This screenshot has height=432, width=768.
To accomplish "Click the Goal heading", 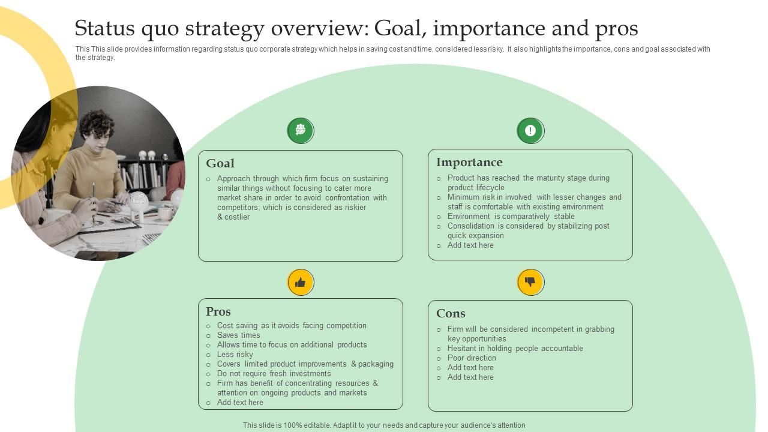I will pyautogui.click(x=220, y=163).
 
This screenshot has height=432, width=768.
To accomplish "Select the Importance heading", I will pyautogui.click(x=469, y=162).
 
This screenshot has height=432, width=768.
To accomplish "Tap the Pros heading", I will pyautogui.click(x=218, y=311).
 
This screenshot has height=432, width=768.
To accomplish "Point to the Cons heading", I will pyautogui.click(x=451, y=313).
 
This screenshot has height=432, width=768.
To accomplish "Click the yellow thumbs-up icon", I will pyautogui.click(x=301, y=282).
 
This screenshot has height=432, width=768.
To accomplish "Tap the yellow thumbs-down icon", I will pyautogui.click(x=530, y=282).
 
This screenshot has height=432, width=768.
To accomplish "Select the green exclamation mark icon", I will pyautogui.click(x=530, y=131).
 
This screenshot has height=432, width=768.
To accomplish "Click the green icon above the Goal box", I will pyautogui.click(x=301, y=130).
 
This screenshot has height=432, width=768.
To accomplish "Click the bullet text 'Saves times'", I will pyautogui.click(x=239, y=335).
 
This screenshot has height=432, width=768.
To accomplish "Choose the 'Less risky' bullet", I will pyautogui.click(x=235, y=355).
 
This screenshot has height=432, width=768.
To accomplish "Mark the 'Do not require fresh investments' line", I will pyautogui.click(x=274, y=374).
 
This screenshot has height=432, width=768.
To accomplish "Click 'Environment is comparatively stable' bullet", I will pyautogui.click(x=511, y=217).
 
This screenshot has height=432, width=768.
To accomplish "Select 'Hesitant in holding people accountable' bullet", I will pyautogui.click(x=515, y=349).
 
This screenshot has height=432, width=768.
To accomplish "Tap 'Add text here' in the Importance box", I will pyautogui.click(x=470, y=245).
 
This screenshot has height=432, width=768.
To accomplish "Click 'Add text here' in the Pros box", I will pyautogui.click(x=240, y=403).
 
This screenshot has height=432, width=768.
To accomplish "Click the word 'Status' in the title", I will pyautogui.click(x=110, y=28).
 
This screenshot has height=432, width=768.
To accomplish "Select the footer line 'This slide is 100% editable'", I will pyautogui.click(x=384, y=425).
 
